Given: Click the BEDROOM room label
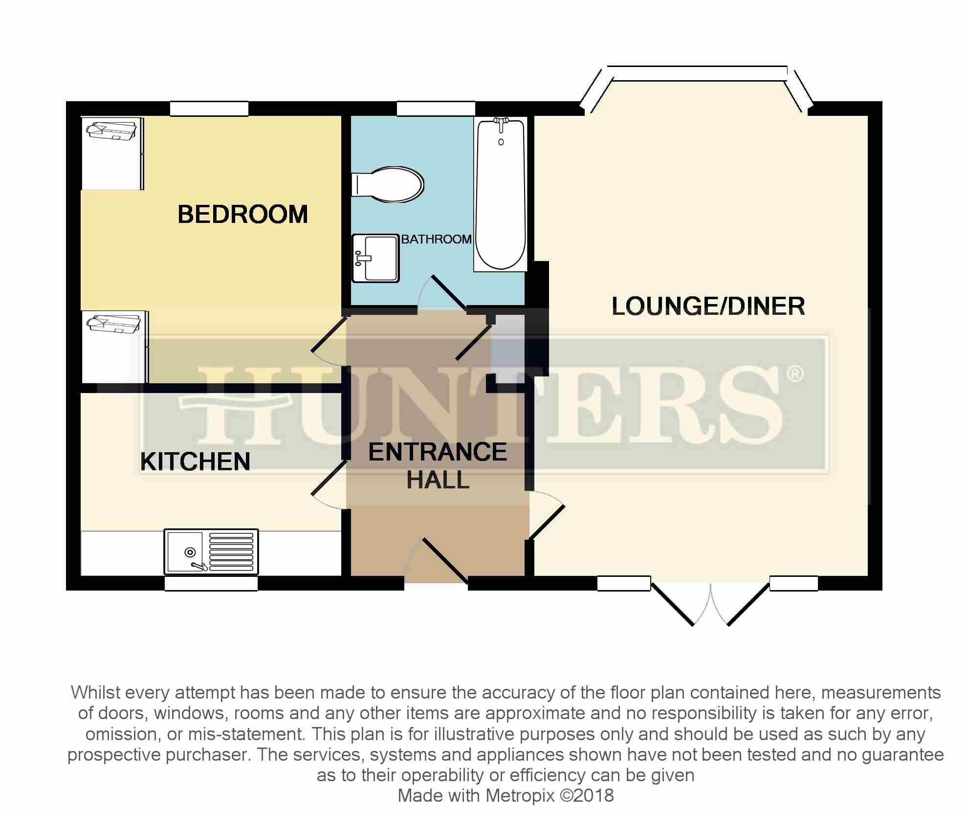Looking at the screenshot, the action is (242, 215).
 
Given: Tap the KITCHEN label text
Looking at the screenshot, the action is (195, 461).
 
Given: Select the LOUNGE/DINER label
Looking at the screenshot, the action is (708, 307).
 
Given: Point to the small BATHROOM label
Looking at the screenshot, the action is (436, 239).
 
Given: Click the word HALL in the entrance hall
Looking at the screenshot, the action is (438, 480).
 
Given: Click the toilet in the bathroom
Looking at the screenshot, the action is (388, 185).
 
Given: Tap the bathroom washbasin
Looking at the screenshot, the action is (375, 258).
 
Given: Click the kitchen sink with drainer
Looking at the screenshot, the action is (211, 551).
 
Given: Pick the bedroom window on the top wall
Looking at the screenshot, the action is (209, 109).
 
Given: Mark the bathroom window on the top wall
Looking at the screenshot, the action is (436, 109).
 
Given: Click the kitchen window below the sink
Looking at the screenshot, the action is (211, 583).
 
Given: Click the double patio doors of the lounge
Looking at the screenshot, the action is (710, 604).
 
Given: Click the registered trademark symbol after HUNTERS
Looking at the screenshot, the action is (794, 374).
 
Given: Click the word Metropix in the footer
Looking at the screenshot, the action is (520, 795).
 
